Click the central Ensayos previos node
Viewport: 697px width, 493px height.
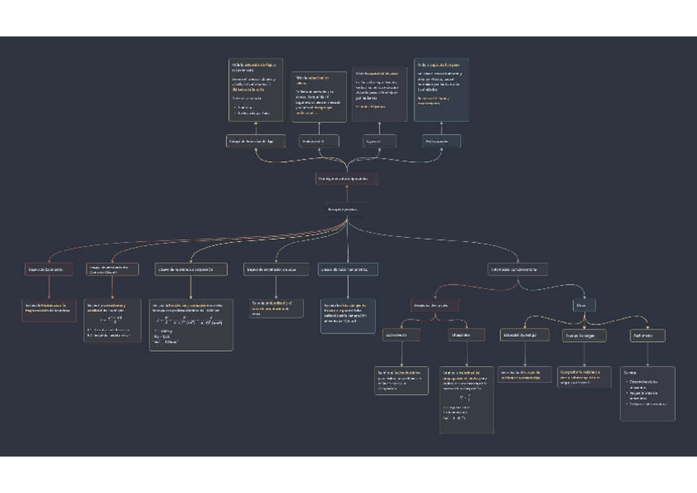[x=347, y=209]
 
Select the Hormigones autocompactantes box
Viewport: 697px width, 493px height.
[x=347, y=178]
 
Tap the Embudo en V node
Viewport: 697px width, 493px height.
[x=319, y=142]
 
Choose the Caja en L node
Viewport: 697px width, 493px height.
[x=374, y=142]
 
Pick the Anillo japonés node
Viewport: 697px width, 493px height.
[x=437, y=142]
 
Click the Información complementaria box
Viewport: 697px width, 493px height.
[x=517, y=268]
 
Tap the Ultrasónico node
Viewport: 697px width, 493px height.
[x=461, y=335]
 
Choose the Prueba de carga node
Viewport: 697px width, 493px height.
[x=584, y=335]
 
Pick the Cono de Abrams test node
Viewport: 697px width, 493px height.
[x=113, y=268]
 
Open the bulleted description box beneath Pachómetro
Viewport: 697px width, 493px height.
[x=647, y=393]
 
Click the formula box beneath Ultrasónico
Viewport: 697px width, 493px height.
[x=466, y=400]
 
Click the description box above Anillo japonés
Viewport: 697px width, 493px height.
[x=441, y=90]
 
